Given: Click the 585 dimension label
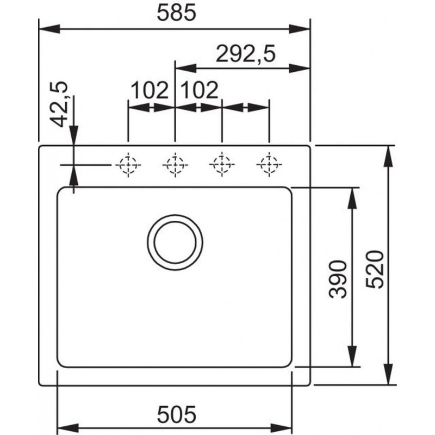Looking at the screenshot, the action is click(x=176, y=13).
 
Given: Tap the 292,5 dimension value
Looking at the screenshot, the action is click(x=246, y=54).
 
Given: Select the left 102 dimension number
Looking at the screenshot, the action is click(x=149, y=90).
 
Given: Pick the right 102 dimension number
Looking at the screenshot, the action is click(x=199, y=90).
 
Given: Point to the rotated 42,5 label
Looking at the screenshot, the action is click(x=59, y=104).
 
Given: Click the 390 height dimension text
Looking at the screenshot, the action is click(x=338, y=279).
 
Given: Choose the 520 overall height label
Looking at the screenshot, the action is click(x=375, y=269).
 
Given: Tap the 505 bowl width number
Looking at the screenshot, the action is click(x=176, y=414).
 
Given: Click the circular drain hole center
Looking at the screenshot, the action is click(x=175, y=243).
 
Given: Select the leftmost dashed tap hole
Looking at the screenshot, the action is click(x=128, y=165).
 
